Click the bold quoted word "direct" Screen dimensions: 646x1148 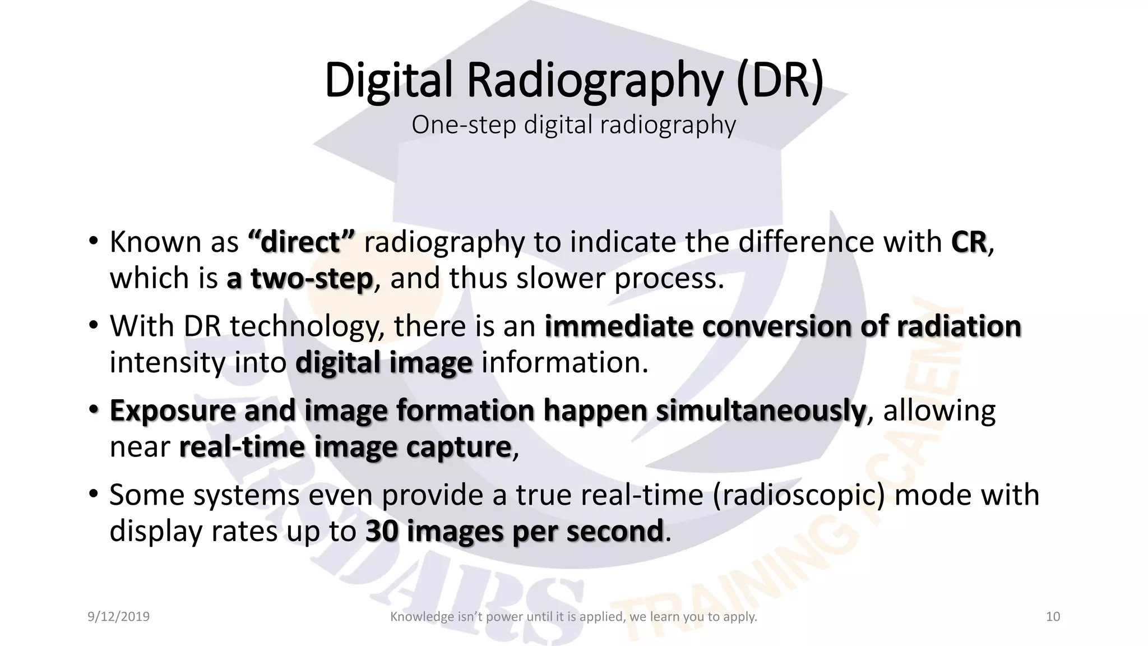(300, 242)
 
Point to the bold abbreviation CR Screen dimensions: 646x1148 (969, 242)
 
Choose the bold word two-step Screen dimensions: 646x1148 (311, 279)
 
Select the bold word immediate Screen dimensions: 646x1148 (618, 326)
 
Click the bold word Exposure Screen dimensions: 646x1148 (172, 411)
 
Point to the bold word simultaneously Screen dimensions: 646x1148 (761, 411)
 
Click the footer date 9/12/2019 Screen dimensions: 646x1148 (119, 617)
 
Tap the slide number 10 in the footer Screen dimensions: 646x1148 (1053, 617)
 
